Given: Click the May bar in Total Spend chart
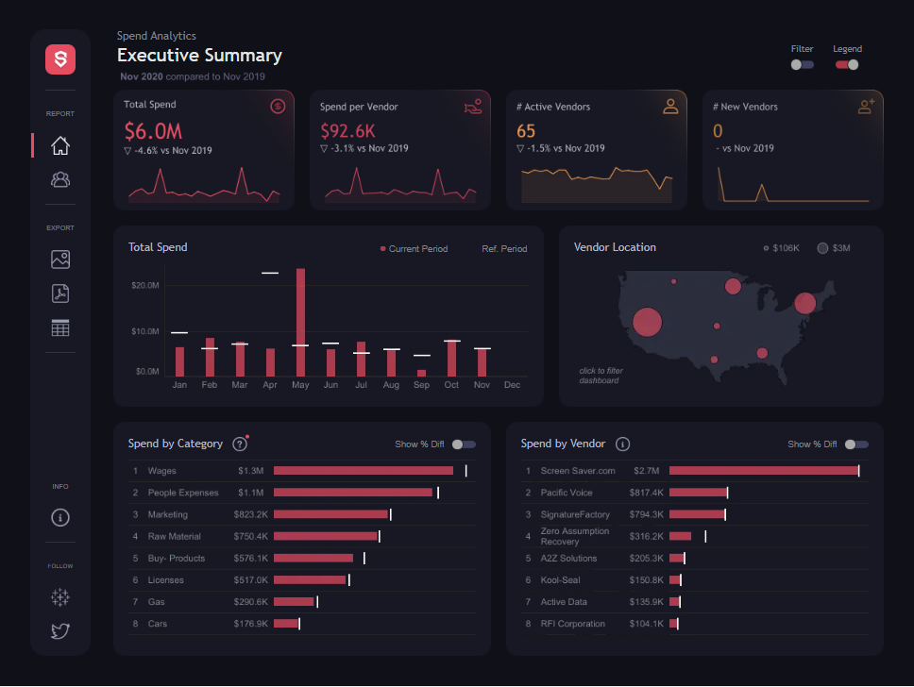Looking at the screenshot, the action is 300,322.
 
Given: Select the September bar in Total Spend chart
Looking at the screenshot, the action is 421,373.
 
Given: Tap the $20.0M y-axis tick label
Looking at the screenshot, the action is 145,286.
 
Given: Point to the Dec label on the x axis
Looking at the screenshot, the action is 512,385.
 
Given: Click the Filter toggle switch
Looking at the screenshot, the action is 802,65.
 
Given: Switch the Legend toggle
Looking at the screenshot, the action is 847,65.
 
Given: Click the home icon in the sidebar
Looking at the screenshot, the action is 60,145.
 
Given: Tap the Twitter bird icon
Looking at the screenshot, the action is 60,630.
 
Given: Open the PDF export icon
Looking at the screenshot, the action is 60,293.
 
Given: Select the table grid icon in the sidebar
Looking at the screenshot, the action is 60,328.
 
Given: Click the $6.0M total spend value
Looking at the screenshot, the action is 153,131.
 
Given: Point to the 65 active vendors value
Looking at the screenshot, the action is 526,131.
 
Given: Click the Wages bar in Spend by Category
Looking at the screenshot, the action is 364,470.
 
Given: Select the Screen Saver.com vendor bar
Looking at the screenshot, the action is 764,470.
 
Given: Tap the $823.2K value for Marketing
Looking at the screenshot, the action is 250,514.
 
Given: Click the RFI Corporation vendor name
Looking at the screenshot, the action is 572,624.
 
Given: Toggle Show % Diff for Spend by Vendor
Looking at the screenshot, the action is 856,444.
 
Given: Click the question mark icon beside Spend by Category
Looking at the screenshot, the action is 240,444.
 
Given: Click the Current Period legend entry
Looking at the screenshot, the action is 414,249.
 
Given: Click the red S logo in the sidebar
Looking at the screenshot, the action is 60,59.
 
